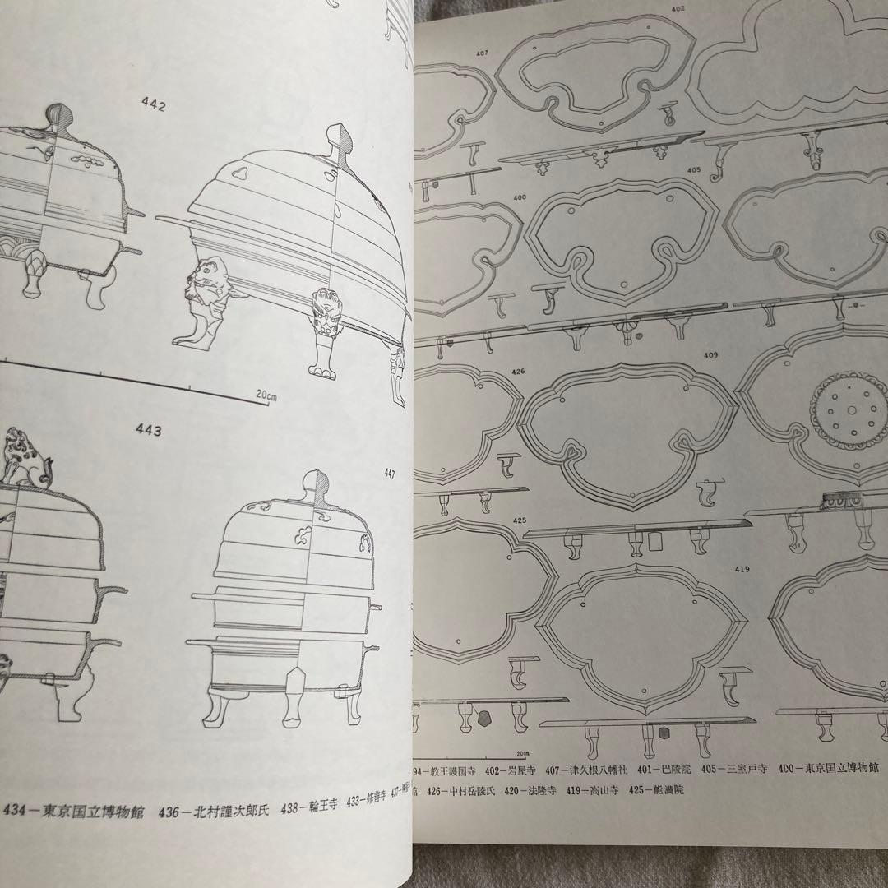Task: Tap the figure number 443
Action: tap(149, 429)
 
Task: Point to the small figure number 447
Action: tap(389, 473)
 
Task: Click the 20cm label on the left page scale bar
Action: tap(266, 395)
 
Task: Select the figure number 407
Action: tap(483, 54)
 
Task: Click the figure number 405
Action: tap(694, 170)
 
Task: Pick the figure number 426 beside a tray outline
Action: tap(518, 371)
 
